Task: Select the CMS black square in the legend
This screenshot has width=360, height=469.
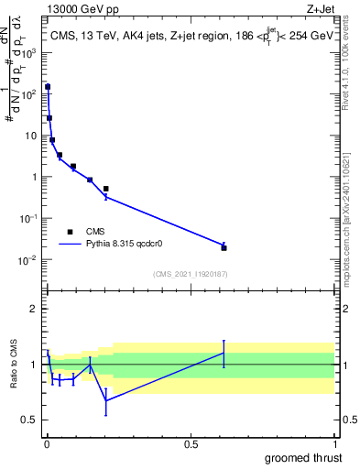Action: click(70, 232)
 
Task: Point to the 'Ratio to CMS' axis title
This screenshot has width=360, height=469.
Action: click(15, 365)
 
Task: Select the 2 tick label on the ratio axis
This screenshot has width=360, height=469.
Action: click(34, 309)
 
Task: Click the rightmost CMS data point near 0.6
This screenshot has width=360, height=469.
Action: click(224, 247)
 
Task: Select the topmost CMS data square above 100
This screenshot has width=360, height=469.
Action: click(48, 87)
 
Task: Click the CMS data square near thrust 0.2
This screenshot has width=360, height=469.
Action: click(106, 189)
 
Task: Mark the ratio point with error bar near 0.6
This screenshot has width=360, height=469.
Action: click(224, 353)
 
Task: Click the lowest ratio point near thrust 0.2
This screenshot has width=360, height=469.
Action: click(106, 400)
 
